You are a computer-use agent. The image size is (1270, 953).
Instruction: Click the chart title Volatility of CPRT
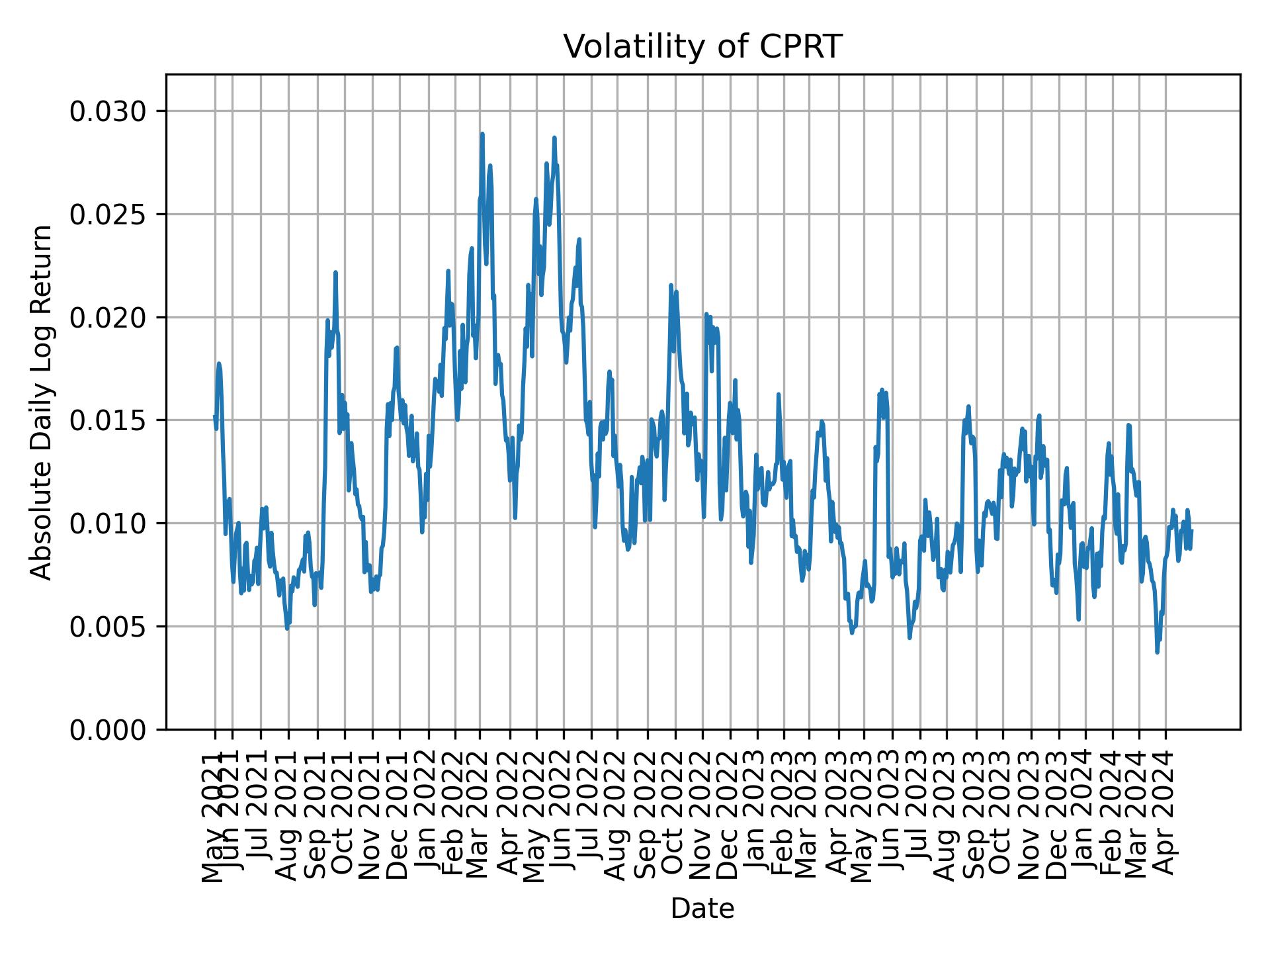tap(702, 47)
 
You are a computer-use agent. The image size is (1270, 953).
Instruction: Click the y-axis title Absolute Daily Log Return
tap(42, 402)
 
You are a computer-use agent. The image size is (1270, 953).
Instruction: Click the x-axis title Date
tap(702, 909)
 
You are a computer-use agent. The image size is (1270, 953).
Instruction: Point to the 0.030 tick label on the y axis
tap(108, 111)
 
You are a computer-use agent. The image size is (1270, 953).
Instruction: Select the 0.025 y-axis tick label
tap(108, 214)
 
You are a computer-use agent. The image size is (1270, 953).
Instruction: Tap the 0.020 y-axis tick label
tap(108, 318)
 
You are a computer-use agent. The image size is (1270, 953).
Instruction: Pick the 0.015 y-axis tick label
tap(108, 420)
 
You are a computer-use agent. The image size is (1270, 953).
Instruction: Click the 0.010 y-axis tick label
tap(108, 523)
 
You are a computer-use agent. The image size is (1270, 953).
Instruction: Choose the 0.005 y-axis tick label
tap(108, 627)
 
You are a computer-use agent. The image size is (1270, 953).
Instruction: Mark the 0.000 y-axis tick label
tap(108, 729)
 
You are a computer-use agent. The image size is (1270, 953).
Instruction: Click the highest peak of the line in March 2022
tap(482, 134)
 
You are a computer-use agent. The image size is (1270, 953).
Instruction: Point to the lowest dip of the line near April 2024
tap(1157, 653)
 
